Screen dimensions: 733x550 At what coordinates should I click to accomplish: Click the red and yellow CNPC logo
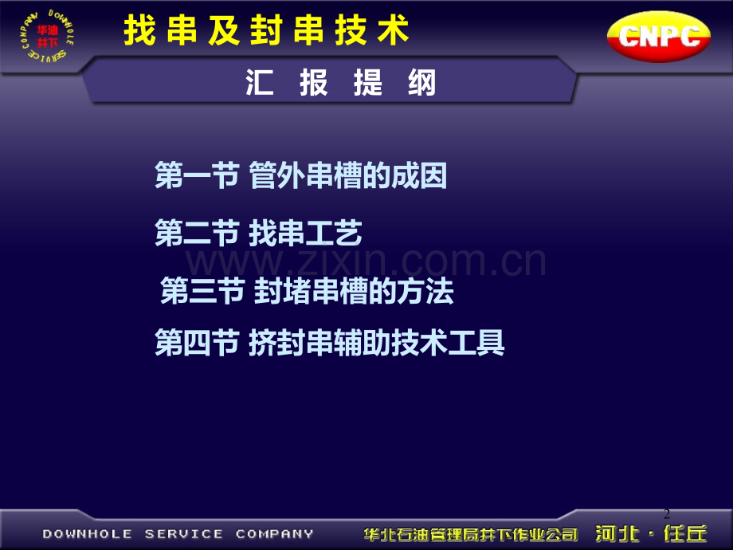pos(658,36)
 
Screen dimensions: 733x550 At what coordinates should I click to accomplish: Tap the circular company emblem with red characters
pos(47,36)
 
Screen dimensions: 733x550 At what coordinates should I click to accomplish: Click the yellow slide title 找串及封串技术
pos(266,30)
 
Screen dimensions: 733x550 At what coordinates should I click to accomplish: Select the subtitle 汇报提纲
pos(341,83)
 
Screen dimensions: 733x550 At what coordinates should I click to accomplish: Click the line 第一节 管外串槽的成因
pos(300,176)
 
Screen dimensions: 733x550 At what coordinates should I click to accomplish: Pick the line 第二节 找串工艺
pos(258,233)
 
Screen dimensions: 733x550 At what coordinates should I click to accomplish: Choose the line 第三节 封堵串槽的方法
pos(307,290)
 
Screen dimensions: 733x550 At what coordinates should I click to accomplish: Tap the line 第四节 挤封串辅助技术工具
pos(330,342)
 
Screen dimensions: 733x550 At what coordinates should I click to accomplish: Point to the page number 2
pos(667,513)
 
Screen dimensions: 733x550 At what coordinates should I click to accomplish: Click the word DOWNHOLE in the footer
pos(88,533)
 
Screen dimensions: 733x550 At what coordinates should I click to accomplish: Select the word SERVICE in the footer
pos(184,533)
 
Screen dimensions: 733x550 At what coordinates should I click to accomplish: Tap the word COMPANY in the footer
pos(274,533)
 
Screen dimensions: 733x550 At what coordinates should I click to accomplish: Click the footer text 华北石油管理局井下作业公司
pos(471,534)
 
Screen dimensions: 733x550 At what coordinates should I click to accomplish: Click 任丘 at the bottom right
pos(685,533)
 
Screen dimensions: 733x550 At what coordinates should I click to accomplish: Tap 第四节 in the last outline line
pos(197,342)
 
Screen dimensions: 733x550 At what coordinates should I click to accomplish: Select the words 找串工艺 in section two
pos(305,233)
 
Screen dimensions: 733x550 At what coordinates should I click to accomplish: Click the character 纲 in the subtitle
pos(422,83)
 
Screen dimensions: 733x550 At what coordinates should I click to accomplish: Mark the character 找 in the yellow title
pos(139,30)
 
